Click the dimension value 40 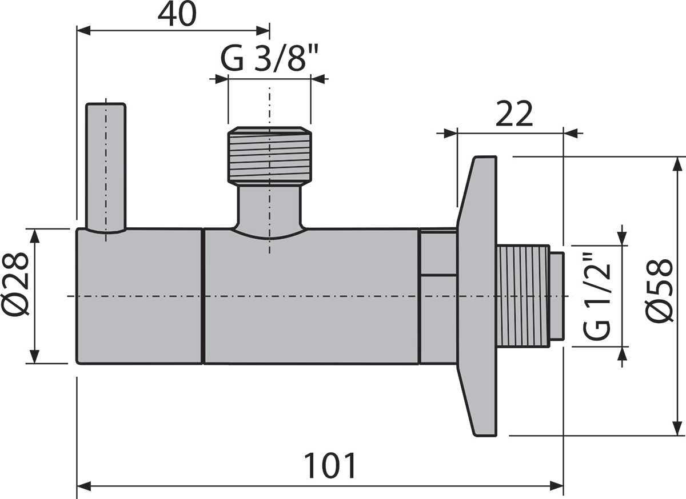coord(177,15)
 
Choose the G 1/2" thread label coord(596,297)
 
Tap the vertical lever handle coord(106,166)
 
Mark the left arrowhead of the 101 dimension coord(83,486)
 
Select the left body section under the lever coord(139,296)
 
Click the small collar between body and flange coord(438,296)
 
